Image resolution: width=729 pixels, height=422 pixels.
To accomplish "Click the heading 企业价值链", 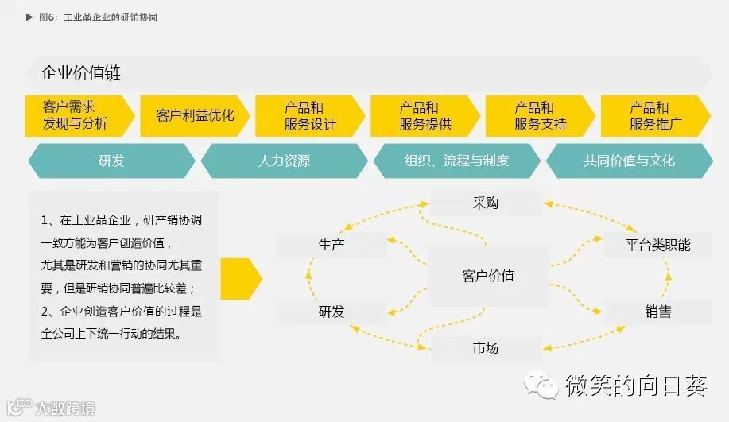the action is coord(81,74).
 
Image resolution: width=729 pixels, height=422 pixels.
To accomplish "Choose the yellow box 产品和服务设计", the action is coord(309,116).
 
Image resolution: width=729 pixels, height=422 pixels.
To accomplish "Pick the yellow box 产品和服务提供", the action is coord(425,116).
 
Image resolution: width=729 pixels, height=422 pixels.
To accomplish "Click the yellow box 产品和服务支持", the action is coord(540,116).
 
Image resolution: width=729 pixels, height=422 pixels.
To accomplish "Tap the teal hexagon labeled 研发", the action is coord(111,161).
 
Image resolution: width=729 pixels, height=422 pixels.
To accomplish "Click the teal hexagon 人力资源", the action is coord(284,161).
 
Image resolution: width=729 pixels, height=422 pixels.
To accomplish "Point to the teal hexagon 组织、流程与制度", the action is coord(456,161).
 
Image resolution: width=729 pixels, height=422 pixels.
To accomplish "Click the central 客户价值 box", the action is coord(488,277).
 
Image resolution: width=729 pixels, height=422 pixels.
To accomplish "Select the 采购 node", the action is coord(485,203).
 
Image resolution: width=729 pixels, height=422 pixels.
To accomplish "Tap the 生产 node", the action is coord(332,245).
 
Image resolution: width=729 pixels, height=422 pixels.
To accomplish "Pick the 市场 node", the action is coord(485,348).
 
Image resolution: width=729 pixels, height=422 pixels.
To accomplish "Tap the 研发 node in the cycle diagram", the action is coord(332,312).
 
